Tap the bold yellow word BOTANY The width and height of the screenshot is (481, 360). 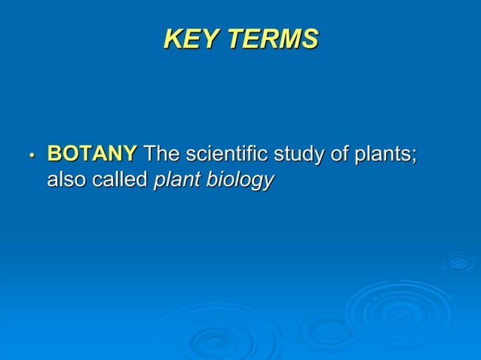[x=92, y=154]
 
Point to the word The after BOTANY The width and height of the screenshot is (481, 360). [x=162, y=154]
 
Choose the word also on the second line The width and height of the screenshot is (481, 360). [x=67, y=181]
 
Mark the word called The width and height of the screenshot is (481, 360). [x=120, y=181]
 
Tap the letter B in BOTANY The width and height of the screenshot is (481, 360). [x=54, y=154]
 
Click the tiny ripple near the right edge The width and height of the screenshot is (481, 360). [x=458, y=262]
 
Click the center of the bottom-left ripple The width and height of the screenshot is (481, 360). [x=219, y=343]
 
